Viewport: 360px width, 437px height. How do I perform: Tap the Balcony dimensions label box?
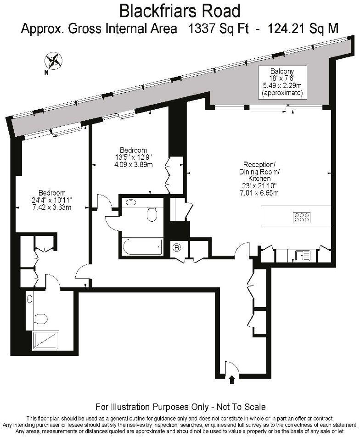tap(282, 82)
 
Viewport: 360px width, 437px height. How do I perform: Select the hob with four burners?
tap(302, 217)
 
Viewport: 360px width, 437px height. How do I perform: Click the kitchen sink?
tap(302, 255)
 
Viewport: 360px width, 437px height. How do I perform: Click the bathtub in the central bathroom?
tap(142, 248)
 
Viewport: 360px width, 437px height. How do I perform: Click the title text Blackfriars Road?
tap(180, 10)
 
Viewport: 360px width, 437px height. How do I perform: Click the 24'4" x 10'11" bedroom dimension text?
tap(51, 200)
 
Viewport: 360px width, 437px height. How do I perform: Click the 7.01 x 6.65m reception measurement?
tap(259, 193)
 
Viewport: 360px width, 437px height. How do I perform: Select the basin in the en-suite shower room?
tap(30, 299)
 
